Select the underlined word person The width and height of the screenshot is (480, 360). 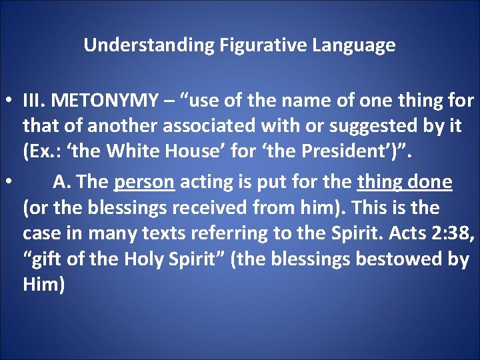[x=144, y=181]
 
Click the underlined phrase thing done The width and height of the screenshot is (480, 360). [x=405, y=181]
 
